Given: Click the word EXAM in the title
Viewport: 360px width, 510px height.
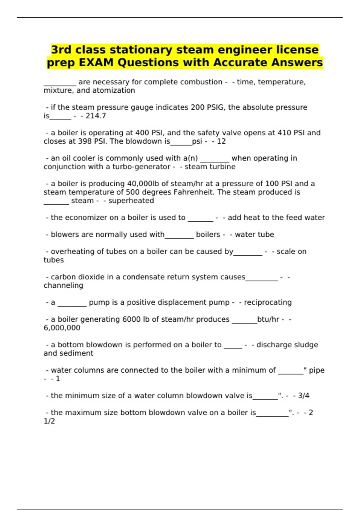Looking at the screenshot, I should [x=96, y=63].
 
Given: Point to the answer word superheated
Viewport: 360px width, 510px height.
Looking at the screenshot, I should [x=131, y=201].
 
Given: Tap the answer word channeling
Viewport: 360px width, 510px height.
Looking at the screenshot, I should [x=63, y=286].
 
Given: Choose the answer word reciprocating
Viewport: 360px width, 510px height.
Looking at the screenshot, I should [x=268, y=302].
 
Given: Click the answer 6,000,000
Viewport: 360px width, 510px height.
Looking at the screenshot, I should [x=62, y=328].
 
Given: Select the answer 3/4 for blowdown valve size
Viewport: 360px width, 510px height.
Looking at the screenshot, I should [x=304, y=396].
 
